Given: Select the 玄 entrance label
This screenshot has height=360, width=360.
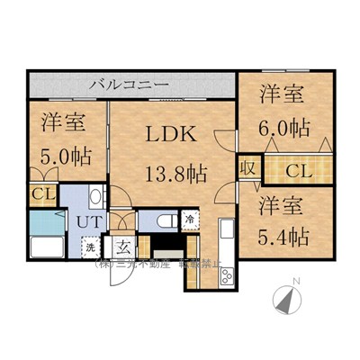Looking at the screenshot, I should pos(121,247).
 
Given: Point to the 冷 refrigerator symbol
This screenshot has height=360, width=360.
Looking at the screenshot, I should pos(190,218).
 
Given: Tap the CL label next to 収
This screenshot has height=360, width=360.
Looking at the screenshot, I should pos(301,170).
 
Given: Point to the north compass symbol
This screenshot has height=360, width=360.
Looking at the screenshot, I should pos(287,300).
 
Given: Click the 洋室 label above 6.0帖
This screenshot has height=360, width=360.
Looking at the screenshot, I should pos(283,94).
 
